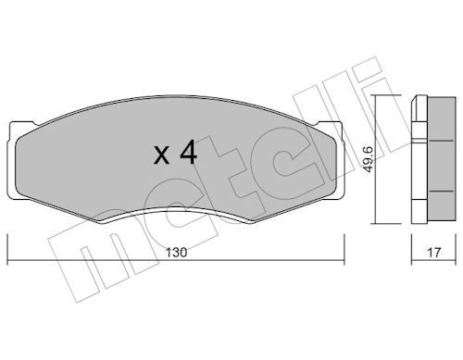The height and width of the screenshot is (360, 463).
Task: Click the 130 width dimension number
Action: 177,253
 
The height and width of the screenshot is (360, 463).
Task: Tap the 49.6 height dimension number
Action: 369,159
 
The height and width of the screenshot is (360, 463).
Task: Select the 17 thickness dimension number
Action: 433,253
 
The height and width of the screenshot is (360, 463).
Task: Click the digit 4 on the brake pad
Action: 189,152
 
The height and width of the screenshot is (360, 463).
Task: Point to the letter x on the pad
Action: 162,155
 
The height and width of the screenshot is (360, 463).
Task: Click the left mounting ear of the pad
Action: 13,160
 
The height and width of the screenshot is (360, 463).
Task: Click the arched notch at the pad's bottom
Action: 176,210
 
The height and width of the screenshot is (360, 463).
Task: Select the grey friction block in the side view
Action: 441,159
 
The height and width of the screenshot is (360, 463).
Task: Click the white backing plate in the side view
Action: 419,159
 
